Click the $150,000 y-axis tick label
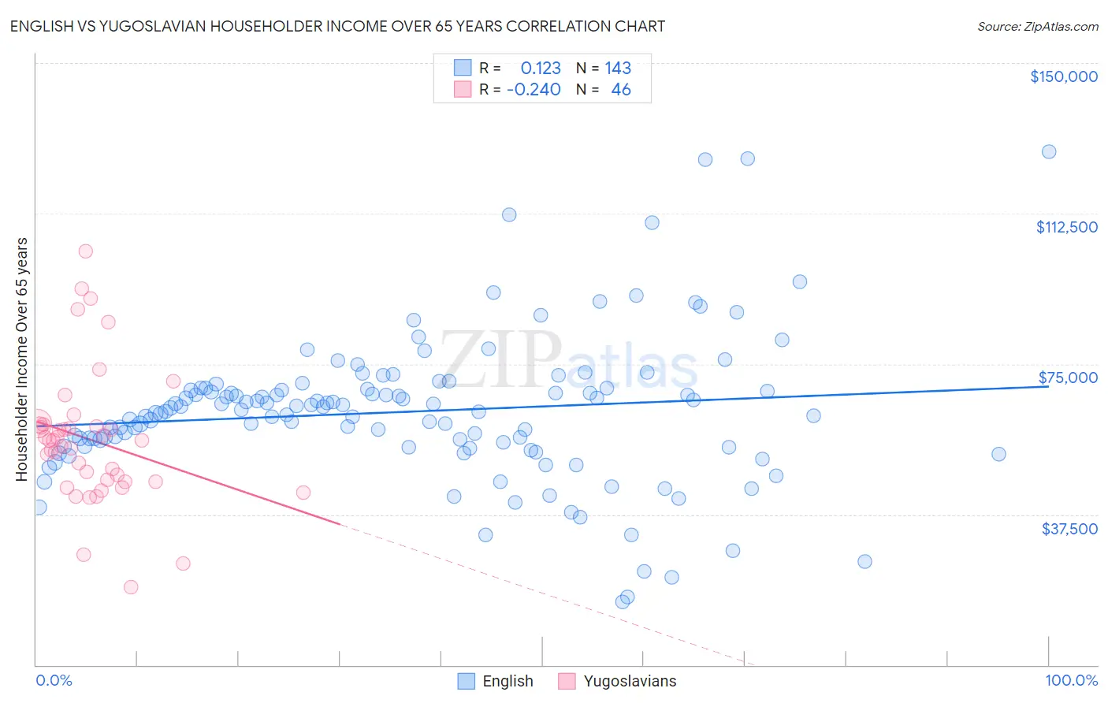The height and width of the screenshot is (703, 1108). (x=1063, y=76)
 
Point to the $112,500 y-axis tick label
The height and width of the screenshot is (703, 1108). (x=1066, y=227)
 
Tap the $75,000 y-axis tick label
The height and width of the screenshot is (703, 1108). (x=1068, y=378)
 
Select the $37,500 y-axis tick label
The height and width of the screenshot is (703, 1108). (x=1069, y=529)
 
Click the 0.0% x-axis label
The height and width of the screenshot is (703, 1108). (x=54, y=680)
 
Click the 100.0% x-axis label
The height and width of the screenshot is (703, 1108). (x=1071, y=680)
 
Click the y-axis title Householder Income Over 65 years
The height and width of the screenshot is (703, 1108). (x=22, y=359)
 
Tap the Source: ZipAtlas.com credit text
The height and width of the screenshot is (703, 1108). (x=1037, y=26)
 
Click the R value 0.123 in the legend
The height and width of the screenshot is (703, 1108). (x=541, y=68)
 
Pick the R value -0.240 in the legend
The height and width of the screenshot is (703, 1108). (x=534, y=89)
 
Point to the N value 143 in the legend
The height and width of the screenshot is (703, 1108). (x=618, y=68)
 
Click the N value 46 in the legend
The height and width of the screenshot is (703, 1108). (x=620, y=89)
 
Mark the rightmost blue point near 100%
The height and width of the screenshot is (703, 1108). (x=1048, y=151)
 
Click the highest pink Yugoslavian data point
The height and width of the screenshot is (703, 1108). (x=85, y=251)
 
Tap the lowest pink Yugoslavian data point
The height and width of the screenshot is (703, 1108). (x=131, y=587)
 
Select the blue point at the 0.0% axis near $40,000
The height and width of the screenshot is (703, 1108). (x=39, y=507)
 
